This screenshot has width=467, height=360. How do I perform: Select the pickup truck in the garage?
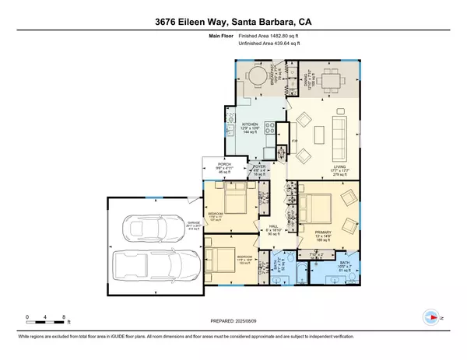point(148,269)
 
